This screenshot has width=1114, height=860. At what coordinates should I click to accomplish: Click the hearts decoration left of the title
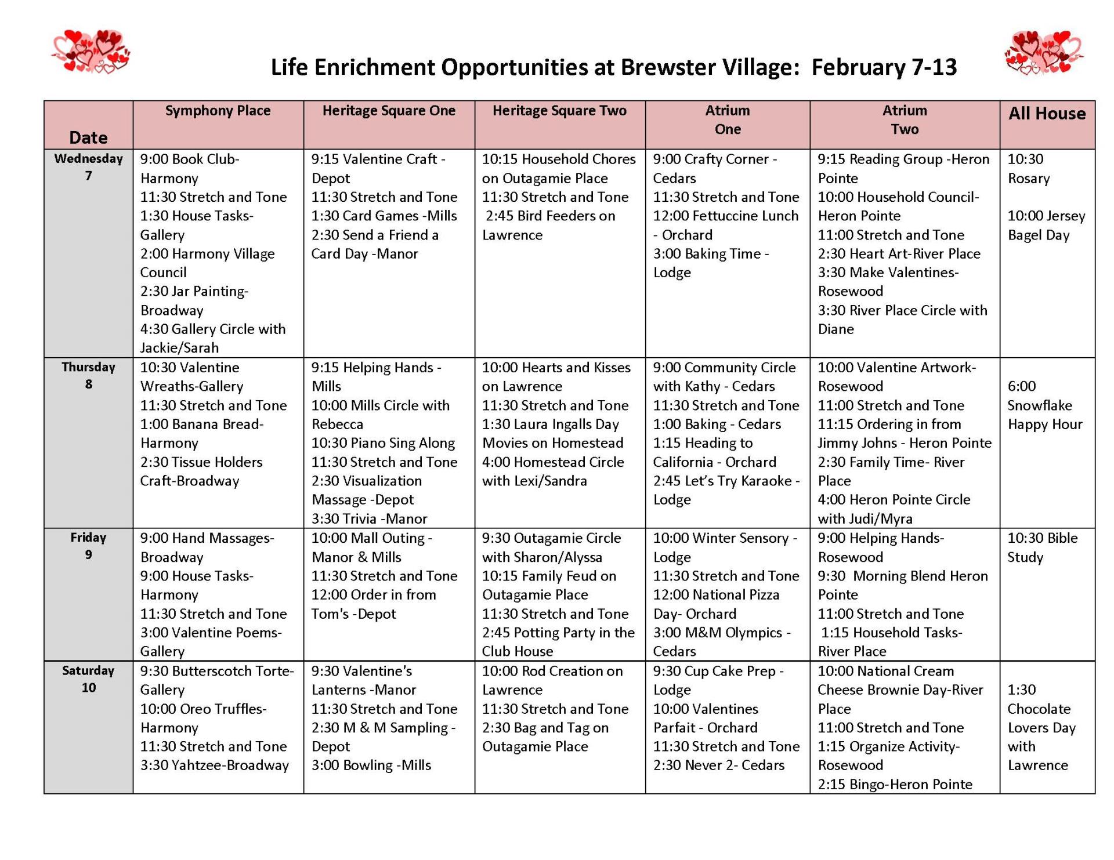click(91, 52)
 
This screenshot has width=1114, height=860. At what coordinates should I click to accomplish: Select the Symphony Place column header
click(218, 111)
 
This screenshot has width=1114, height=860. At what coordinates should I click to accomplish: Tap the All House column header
click(1047, 114)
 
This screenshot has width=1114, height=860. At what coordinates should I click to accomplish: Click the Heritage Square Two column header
click(559, 111)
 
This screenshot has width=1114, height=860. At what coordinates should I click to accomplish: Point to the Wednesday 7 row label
click(88, 167)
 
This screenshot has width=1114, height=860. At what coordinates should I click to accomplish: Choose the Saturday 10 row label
click(88, 678)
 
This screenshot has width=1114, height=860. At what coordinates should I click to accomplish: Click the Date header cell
click(88, 137)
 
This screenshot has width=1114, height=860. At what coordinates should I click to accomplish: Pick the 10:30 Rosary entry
click(1028, 168)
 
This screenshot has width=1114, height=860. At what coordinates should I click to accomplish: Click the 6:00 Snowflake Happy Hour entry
click(1044, 405)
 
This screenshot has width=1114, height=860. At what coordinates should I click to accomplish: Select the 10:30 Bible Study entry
click(1042, 547)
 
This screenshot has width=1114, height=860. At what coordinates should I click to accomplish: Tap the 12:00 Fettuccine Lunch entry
click(725, 225)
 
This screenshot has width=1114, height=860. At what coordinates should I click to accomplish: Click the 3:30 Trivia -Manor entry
click(369, 518)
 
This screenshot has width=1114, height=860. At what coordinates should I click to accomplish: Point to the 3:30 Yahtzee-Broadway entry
click(214, 765)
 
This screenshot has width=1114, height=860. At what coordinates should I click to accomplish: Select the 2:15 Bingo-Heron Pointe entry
click(895, 785)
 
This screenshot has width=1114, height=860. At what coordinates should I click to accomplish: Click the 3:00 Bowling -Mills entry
click(371, 765)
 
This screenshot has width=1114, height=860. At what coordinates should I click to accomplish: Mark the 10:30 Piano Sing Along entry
click(383, 443)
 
